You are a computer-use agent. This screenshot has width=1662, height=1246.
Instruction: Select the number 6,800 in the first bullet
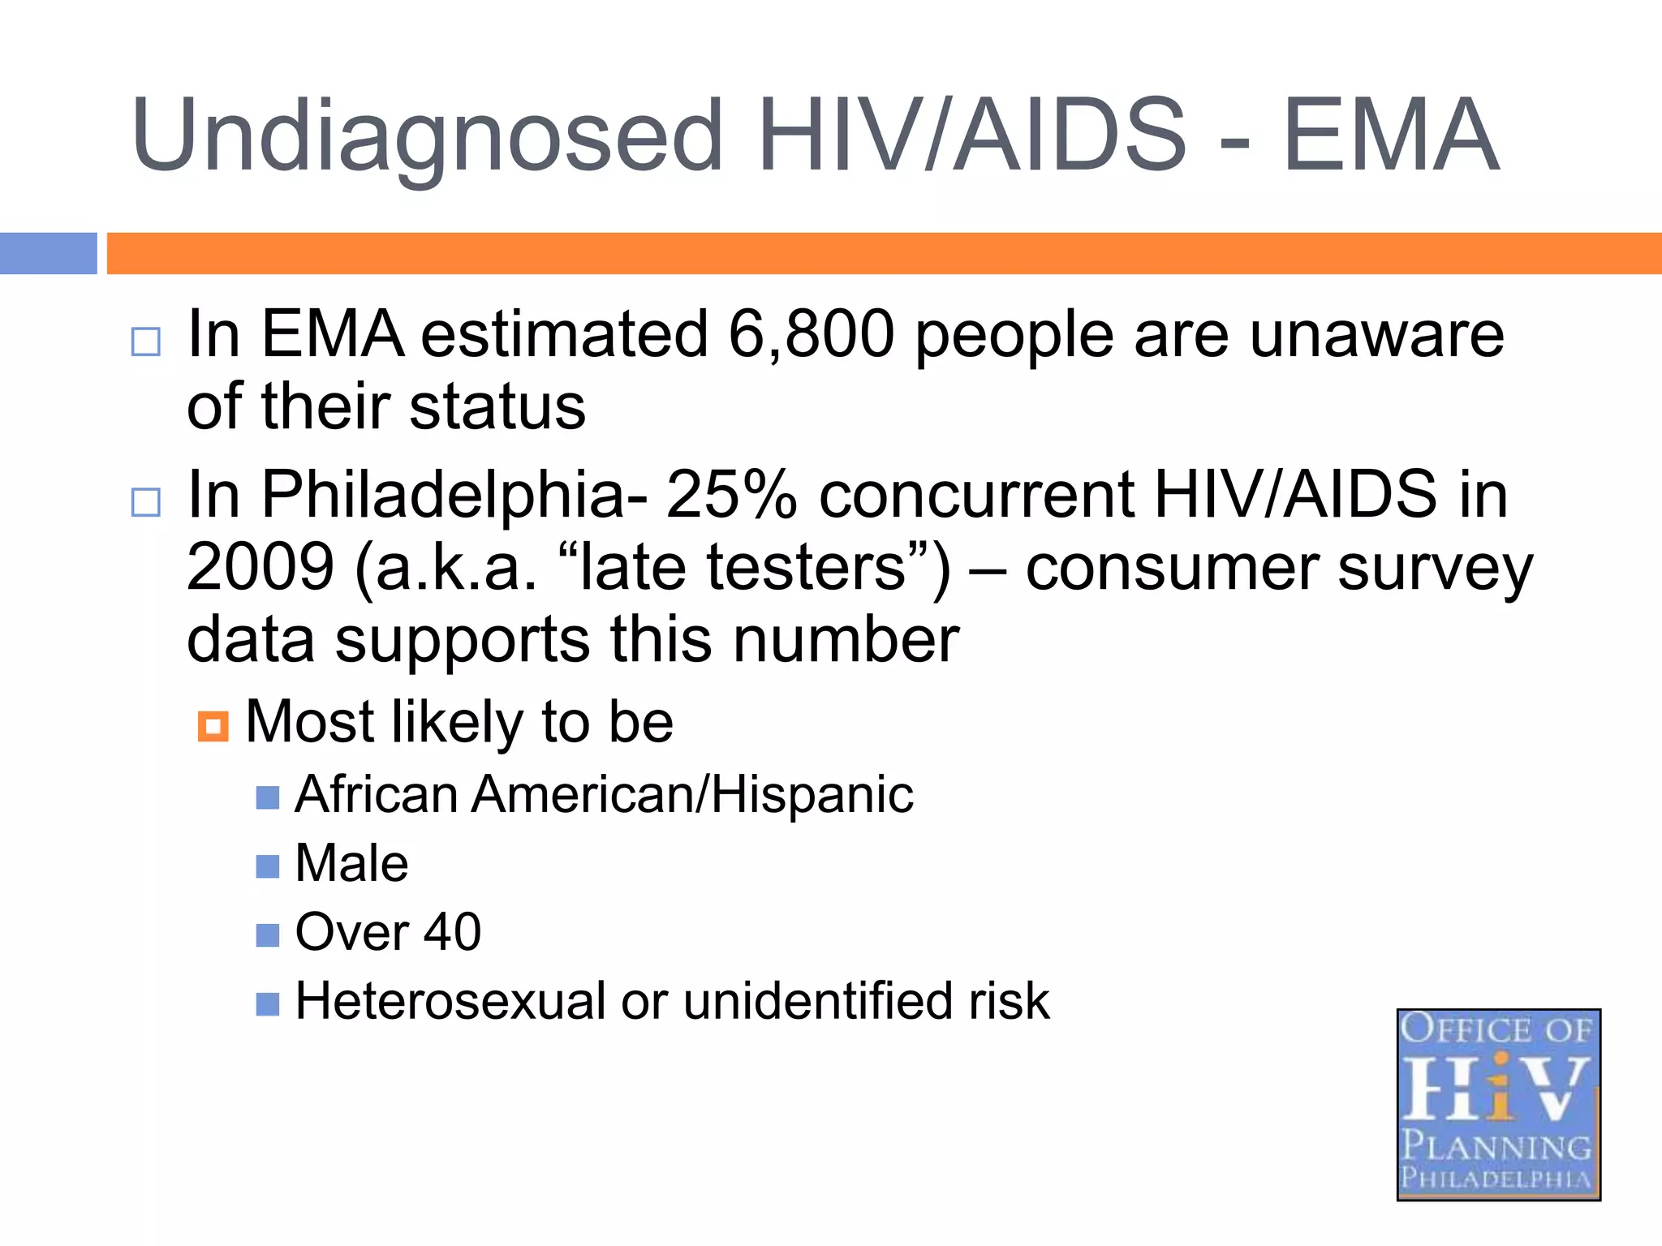point(811,334)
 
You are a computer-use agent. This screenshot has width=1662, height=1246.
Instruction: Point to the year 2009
point(260,567)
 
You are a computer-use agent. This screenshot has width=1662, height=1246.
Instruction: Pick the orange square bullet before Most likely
point(213,726)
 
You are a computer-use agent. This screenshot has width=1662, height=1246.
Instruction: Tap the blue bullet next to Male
point(267,866)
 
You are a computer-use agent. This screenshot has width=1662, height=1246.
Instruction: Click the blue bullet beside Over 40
point(267,935)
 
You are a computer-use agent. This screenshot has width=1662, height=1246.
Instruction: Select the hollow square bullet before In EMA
point(146,342)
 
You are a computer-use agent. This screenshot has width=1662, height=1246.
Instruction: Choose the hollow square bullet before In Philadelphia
point(146,502)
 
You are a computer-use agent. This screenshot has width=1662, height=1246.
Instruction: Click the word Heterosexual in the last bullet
point(450,1001)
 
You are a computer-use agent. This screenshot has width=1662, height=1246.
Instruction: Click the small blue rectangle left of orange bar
point(48,253)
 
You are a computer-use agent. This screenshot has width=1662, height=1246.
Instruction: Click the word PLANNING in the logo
point(1497,1146)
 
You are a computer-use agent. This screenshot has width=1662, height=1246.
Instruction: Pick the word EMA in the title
point(1390,136)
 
